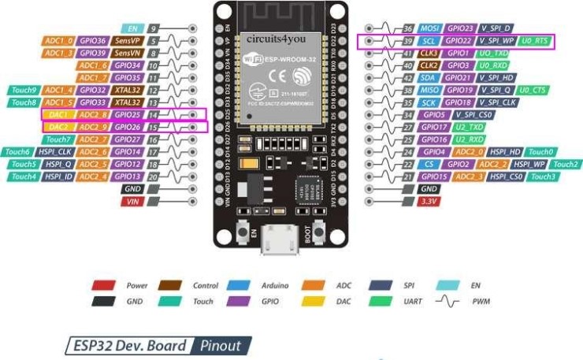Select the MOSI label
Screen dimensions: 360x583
[x=430, y=28]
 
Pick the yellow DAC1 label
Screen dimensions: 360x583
[x=58, y=114]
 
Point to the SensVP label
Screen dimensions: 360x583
[x=126, y=40]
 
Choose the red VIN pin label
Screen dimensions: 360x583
[x=132, y=202]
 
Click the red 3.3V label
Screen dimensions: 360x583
[x=429, y=202]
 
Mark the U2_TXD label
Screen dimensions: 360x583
[x=469, y=127]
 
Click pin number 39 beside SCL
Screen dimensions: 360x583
[x=407, y=40]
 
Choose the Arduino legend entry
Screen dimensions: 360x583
[x=273, y=285]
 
